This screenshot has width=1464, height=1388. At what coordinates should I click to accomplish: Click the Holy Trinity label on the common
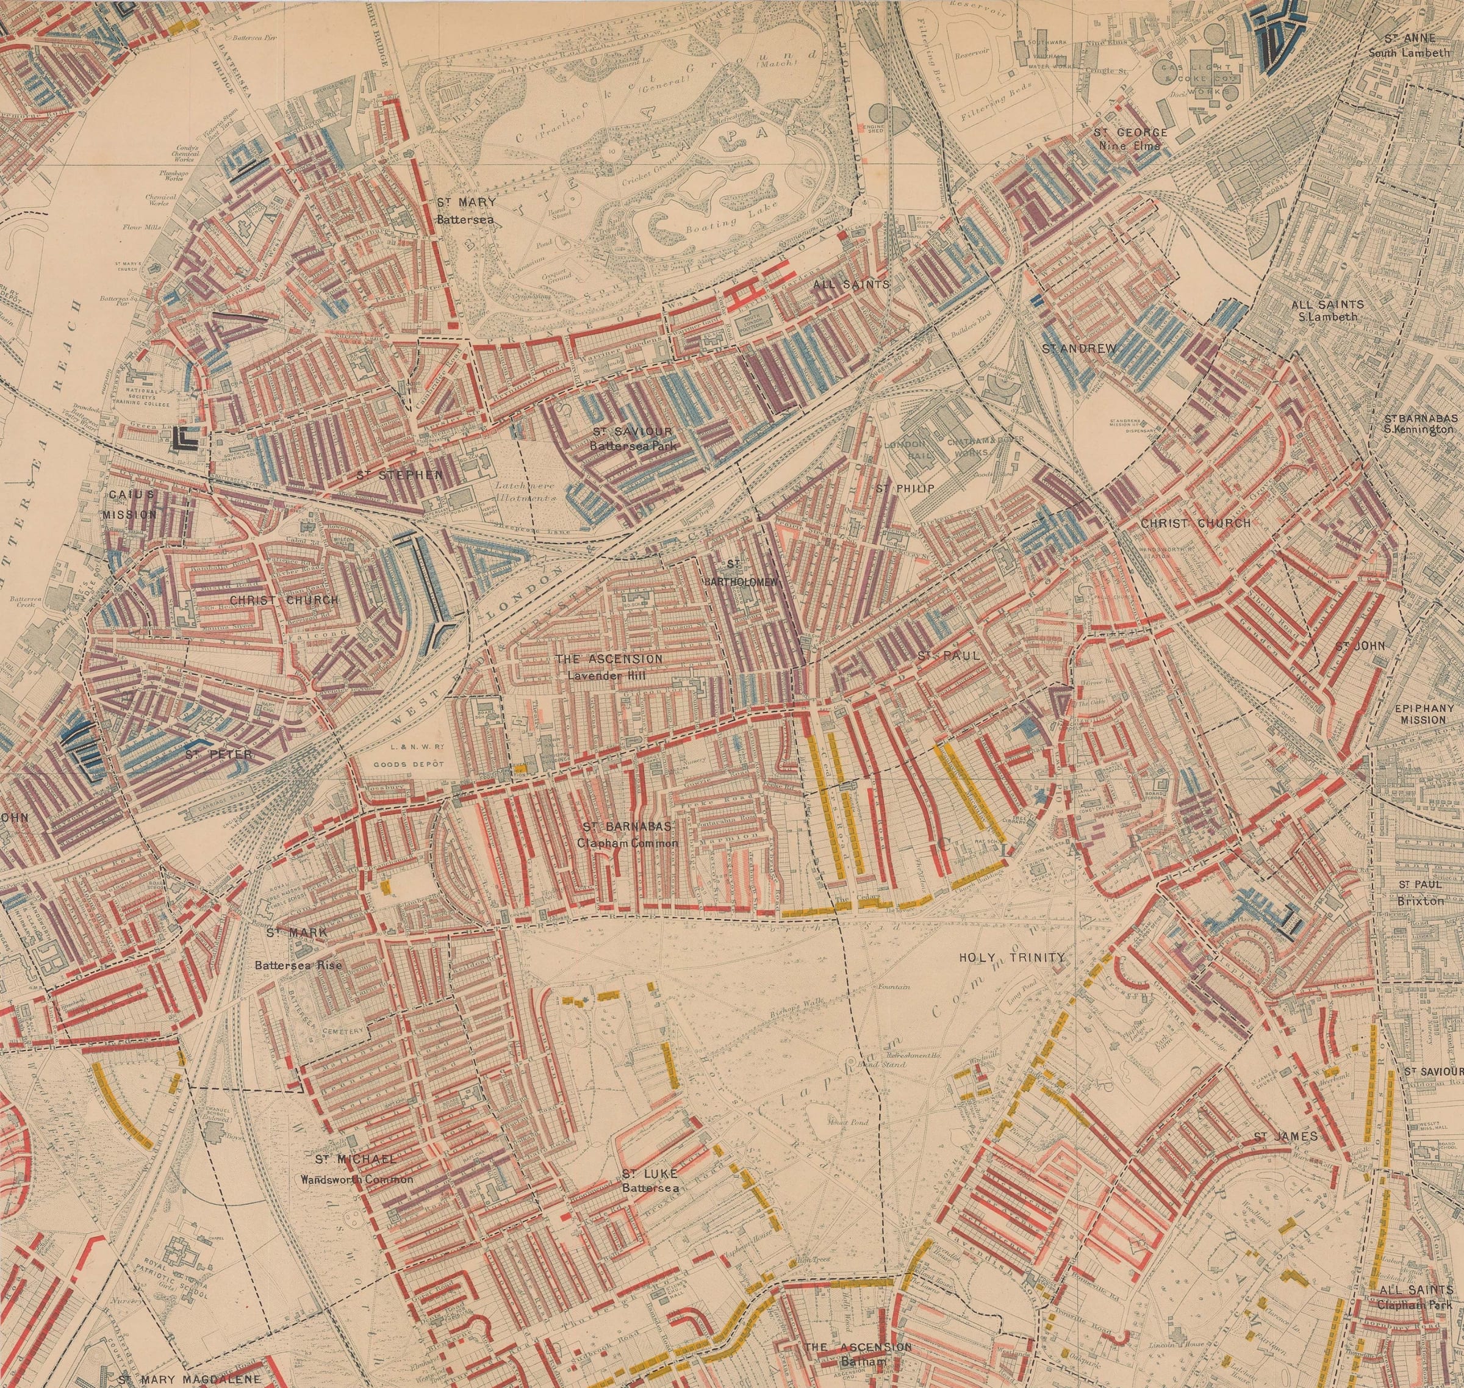click(x=1011, y=957)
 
